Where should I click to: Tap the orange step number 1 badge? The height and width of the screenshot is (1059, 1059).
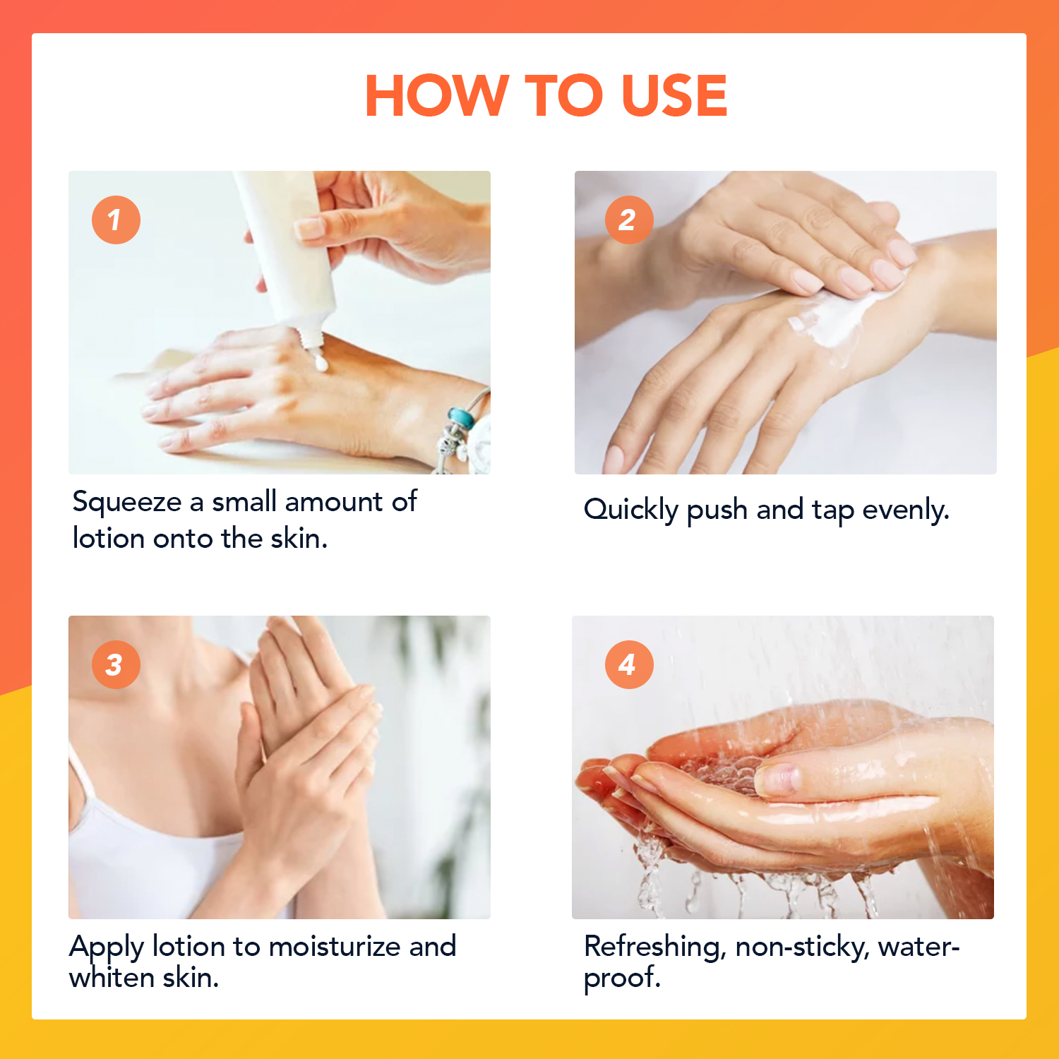(x=116, y=220)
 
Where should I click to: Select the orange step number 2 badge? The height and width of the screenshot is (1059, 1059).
(x=628, y=220)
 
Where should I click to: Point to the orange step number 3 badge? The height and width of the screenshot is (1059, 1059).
(x=116, y=664)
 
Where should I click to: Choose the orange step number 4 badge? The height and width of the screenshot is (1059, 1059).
(x=628, y=664)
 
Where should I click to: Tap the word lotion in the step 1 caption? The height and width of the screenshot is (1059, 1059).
(x=109, y=538)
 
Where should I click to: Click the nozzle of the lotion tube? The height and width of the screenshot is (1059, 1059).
(x=311, y=337)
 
